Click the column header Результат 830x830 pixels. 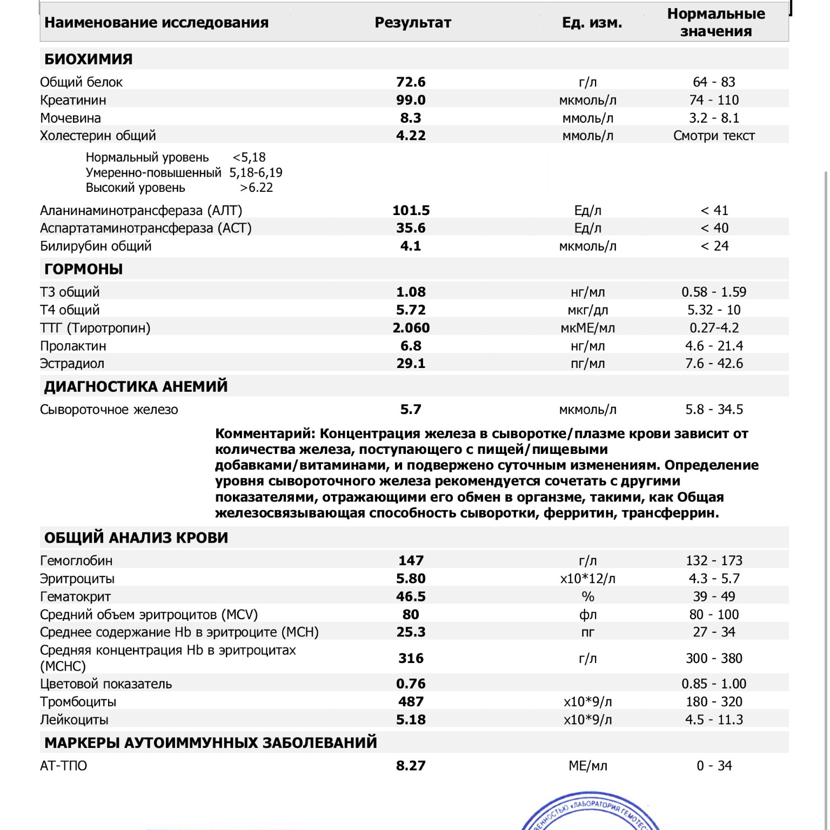412,23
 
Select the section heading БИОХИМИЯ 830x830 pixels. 88,59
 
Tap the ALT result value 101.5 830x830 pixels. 411,210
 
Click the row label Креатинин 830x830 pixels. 73,100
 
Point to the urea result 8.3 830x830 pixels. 411,118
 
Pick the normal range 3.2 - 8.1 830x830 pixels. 714,118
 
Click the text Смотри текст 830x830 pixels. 714,136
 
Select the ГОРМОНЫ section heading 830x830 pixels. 83,269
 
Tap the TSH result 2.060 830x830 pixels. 411,328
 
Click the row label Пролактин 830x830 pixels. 73,346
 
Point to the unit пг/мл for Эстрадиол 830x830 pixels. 587,364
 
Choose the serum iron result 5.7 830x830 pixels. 411,410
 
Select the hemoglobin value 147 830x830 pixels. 411,560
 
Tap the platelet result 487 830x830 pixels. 411,701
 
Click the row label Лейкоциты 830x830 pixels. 74,720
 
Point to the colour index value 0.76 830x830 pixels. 411,684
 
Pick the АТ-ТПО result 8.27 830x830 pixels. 411,766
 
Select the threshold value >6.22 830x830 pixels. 257,188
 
